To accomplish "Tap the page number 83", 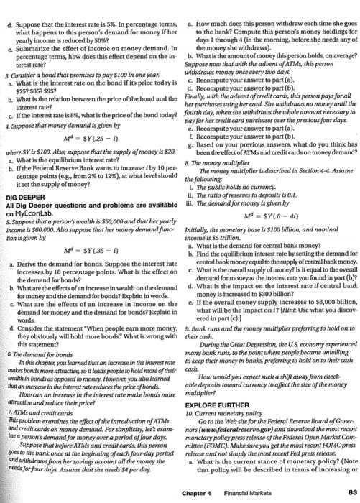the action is coord(351,492).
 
